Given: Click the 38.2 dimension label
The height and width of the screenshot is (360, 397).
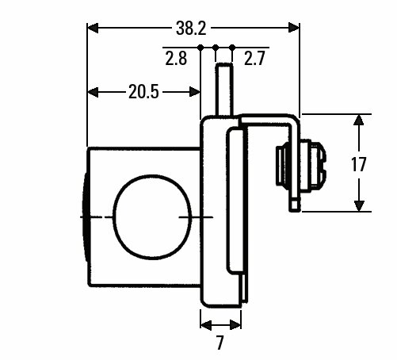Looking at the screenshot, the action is click(191, 29).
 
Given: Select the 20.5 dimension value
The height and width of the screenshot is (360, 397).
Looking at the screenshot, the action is click(143, 92).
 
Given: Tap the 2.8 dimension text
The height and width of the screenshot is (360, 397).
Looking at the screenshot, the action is click(176, 59).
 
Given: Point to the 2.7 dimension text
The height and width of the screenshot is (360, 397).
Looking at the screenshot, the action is click(254, 59).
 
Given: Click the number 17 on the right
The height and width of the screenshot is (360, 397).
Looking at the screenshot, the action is click(358, 164).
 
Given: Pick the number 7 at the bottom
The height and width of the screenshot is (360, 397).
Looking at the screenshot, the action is click(219, 343).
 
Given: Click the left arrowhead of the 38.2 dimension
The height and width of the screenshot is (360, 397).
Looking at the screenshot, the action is click(93, 28).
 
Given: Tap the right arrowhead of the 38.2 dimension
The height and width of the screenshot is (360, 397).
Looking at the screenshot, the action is click(294, 28).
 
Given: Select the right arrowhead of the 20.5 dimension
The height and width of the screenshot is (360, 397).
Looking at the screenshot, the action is click(195, 92).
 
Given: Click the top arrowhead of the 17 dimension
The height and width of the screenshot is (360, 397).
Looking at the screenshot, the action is click(358, 120).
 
